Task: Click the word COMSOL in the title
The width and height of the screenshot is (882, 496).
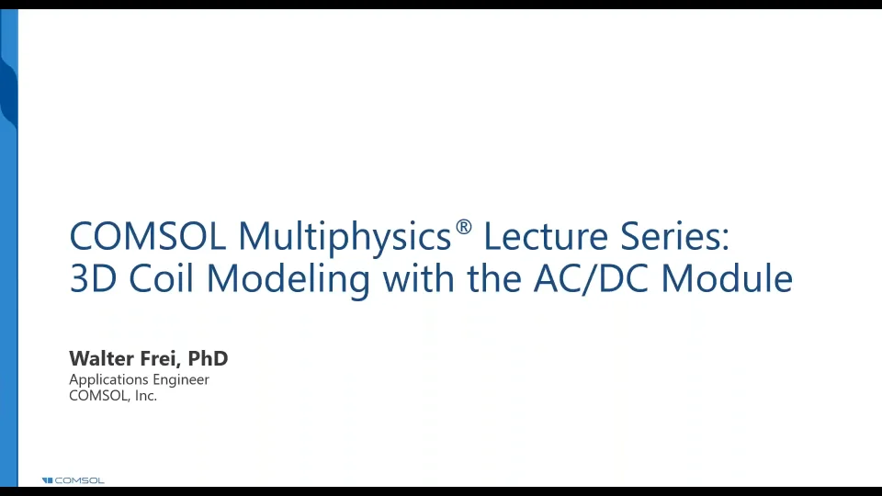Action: click(148, 237)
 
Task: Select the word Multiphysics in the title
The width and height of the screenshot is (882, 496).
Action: click(345, 237)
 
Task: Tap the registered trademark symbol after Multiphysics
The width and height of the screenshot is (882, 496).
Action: click(464, 227)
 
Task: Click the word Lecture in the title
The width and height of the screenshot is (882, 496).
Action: click(543, 237)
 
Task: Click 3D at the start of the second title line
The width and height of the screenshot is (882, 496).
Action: click(92, 278)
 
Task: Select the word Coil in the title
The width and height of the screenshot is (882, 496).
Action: click(155, 278)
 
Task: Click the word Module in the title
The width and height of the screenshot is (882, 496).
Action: click(727, 278)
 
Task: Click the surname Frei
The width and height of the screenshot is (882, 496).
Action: click(161, 358)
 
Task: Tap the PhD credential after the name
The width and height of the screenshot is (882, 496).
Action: click(208, 358)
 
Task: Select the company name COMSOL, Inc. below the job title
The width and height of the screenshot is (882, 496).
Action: click(113, 396)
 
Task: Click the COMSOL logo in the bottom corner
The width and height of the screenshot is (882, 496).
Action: click(73, 480)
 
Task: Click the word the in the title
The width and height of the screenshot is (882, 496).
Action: click(496, 278)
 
